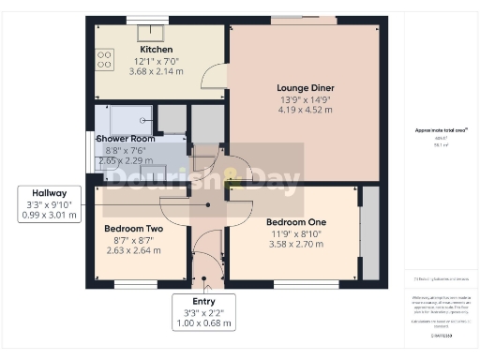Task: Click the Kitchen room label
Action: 157,49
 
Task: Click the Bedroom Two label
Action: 134,228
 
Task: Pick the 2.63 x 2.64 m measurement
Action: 134,250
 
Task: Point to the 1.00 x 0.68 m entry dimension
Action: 204,324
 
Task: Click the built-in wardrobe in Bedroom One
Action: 369,232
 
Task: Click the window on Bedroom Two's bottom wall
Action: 138,283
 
